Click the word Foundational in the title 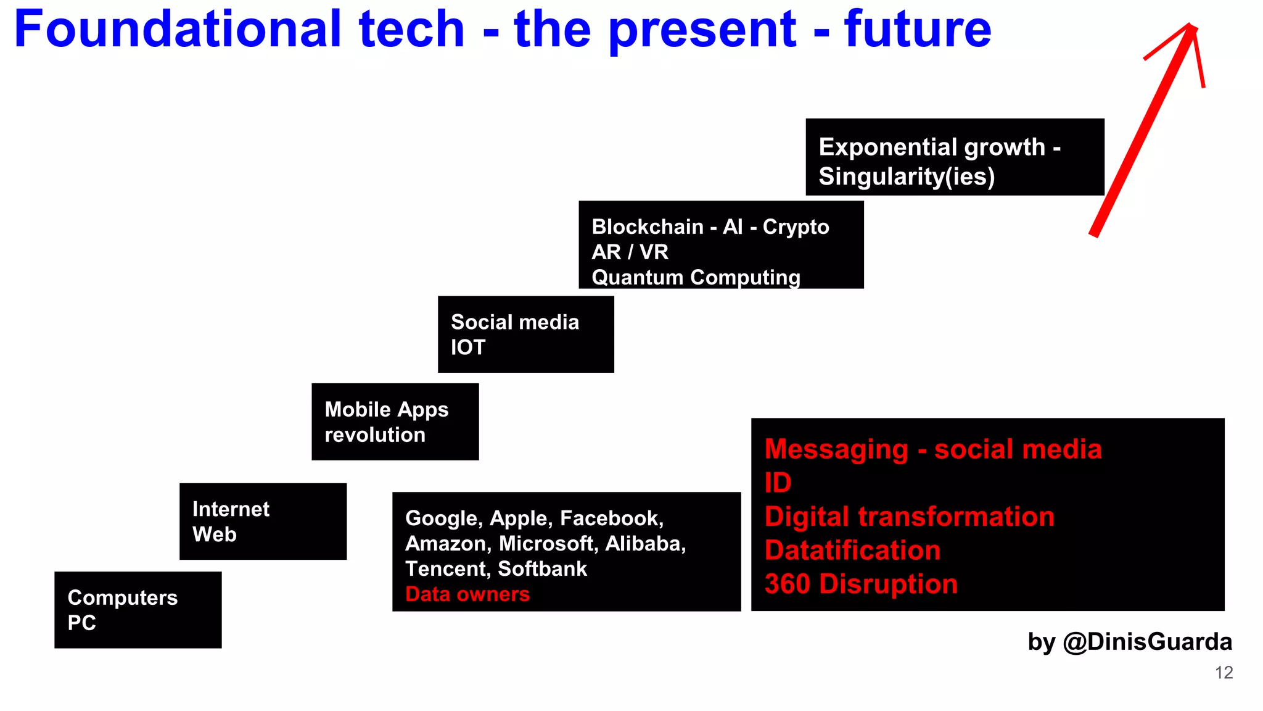178,29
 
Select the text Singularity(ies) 907,177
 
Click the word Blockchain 648,227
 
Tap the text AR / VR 630,252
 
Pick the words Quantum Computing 696,277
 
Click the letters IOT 468,347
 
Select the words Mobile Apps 387,409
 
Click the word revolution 375,435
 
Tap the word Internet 231,509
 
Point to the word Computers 123,597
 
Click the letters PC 81,623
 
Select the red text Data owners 467,594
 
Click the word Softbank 542,568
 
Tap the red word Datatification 852,550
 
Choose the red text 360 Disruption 861,584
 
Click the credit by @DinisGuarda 1129,642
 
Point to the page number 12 1224,673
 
